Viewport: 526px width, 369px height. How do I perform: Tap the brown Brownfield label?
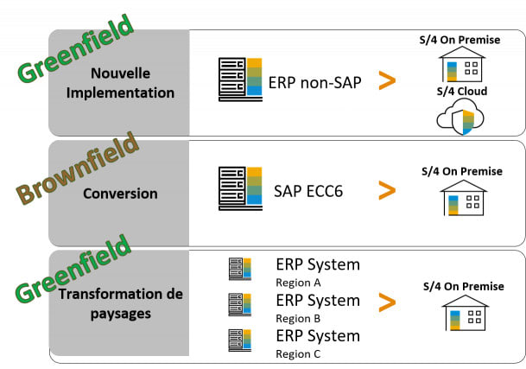click(77, 168)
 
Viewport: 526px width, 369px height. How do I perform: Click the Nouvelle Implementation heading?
click(120, 83)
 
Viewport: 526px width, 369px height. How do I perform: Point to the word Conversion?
click(120, 193)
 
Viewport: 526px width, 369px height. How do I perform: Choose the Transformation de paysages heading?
click(120, 303)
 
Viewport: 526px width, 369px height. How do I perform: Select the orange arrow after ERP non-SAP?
click(388, 80)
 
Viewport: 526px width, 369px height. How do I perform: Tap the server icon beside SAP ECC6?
click(240, 189)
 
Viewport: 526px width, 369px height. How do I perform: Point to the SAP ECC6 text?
click(307, 191)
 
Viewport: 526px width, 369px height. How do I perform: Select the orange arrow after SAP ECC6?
click(388, 190)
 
